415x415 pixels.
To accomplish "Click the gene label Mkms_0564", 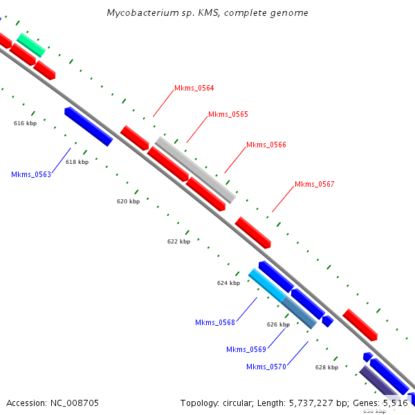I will [194, 88].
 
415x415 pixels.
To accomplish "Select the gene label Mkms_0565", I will [228, 114].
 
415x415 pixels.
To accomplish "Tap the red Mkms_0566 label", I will [266, 145].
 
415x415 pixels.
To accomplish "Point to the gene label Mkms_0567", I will [314, 184].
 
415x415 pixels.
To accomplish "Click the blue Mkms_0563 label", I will [31, 174].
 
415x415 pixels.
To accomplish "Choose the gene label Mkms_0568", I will [215, 322].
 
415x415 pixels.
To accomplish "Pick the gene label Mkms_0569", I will [246, 349].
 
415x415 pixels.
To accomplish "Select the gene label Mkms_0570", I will [266, 367].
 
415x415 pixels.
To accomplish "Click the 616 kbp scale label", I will [25, 123].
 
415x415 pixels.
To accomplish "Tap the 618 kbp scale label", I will [77, 162].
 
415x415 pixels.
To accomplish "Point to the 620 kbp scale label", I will [128, 201].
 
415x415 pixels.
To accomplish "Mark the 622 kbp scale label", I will [178, 241].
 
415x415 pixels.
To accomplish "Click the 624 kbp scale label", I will [228, 283].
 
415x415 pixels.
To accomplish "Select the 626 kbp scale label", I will [278, 324].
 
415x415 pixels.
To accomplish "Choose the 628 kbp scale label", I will [326, 368].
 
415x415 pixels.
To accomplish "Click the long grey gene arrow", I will [195, 169].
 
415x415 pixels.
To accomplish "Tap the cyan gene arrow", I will [267, 285].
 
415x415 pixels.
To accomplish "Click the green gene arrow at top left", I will [31, 45].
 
